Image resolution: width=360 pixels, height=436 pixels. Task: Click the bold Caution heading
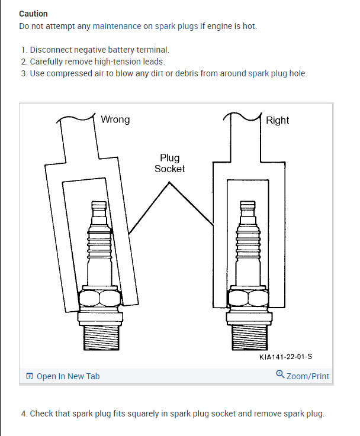(x=33, y=14)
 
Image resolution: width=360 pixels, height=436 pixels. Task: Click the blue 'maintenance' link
(x=117, y=27)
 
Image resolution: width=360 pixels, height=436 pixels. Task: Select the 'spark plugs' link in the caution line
(x=176, y=27)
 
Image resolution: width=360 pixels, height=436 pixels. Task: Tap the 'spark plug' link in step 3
(x=266, y=74)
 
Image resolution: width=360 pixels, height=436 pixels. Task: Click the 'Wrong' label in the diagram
(x=115, y=120)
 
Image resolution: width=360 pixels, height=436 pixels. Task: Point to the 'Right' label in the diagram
(x=277, y=120)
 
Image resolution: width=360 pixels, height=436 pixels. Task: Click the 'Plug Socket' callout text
(x=169, y=163)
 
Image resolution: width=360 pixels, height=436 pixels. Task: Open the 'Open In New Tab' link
(x=68, y=376)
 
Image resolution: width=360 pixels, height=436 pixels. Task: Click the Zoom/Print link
(x=307, y=376)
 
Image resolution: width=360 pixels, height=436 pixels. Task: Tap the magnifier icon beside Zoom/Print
(x=280, y=374)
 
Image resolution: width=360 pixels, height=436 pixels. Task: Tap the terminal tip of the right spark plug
(x=247, y=208)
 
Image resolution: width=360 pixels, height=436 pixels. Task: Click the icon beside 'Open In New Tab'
(x=30, y=376)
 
